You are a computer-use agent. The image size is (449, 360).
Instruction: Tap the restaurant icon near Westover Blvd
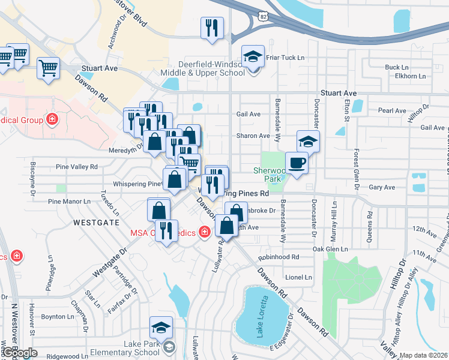212,29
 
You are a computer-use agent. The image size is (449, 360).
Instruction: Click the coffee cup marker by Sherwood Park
296,163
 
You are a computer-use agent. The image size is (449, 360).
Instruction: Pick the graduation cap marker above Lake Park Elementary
161,328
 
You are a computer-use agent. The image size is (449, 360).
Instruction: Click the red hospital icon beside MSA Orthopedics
205,231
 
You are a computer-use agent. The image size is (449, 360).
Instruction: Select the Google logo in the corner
19,353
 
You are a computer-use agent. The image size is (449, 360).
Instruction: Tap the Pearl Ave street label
393,110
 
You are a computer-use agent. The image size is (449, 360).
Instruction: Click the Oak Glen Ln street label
330,248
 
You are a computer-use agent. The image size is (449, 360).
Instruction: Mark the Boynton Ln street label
57,316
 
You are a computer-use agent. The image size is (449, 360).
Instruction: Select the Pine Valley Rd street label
76,167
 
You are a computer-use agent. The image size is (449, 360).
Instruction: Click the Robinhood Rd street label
278,257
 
